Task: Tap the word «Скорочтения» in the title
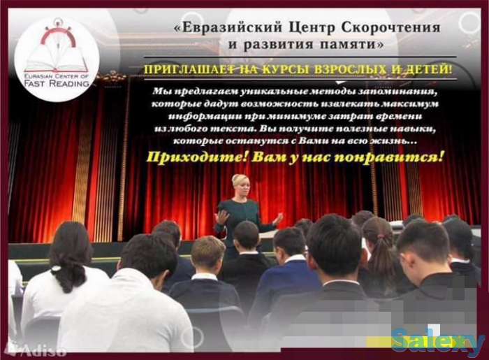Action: coord(389,28)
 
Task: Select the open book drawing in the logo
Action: coord(56,55)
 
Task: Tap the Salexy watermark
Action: coord(437,342)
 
